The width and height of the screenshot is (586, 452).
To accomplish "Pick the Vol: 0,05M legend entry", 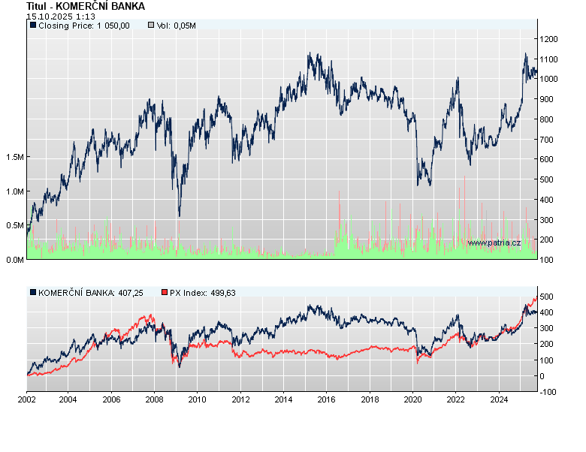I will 172,26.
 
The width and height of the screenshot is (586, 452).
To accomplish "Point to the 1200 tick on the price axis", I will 548,39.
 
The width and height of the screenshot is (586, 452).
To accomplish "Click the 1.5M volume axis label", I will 14,157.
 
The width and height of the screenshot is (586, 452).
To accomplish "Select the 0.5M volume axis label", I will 14,225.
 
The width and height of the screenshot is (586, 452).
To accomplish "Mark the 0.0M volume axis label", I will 14,260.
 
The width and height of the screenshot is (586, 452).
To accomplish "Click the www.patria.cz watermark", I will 494,243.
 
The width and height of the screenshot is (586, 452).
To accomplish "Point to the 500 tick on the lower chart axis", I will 546,297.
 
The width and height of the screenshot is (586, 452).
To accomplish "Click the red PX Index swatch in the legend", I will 165,293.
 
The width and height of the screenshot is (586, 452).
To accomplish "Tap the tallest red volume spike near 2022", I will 465,180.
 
